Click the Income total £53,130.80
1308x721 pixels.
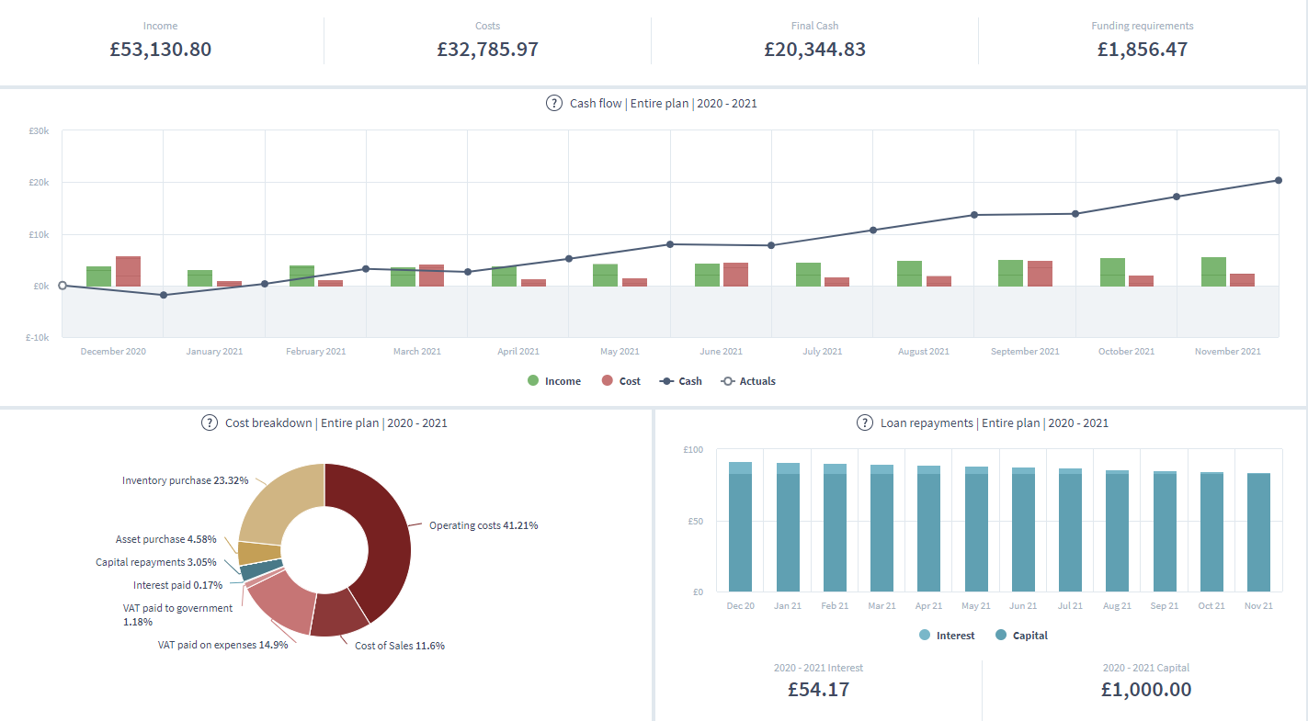click(x=160, y=50)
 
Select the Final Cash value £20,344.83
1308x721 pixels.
click(x=814, y=50)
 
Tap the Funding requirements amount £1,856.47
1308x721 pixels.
click(x=1142, y=50)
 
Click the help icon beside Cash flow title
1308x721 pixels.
click(x=554, y=103)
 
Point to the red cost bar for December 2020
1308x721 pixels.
click(x=128, y=271)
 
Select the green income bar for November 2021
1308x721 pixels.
click(x=1213, y=272)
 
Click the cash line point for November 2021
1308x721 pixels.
click(x=1278, y=180)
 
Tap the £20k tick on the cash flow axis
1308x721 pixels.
click(x=39, y=183)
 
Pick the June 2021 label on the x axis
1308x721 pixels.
click(x=721, y=352)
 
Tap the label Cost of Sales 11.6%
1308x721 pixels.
click(x=399, y=646)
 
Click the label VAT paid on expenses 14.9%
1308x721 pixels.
click(x=222, y=645)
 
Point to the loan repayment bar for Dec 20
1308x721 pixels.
click(x=740, y=528)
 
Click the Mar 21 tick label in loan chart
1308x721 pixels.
click(x=881, y=606)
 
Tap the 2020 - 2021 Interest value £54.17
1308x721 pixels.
click(x=818, y=690)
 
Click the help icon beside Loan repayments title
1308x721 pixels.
click(x=864, y=423)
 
